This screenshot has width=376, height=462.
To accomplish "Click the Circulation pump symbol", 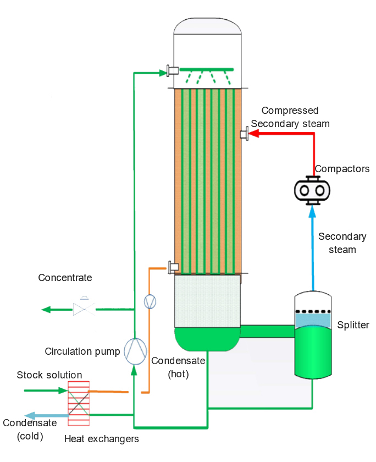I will point(134,350).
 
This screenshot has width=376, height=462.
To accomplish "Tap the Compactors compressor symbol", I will point(312,190).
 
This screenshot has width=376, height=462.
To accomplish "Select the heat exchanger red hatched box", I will point(78,404).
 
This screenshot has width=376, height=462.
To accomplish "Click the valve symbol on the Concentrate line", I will point(84,309).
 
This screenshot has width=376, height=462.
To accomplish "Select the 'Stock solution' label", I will point(49,375).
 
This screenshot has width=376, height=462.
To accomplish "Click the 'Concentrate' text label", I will point(65,278).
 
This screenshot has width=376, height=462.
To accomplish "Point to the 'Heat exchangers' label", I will point(102,439).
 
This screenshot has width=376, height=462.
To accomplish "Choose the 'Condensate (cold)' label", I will point(30,430).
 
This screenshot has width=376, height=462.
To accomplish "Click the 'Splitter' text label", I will point(353,325).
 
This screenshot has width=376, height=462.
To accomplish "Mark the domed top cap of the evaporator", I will point(208,28).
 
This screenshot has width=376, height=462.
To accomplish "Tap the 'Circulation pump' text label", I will point(82,351).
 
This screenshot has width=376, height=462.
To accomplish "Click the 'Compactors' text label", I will point(341,169).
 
